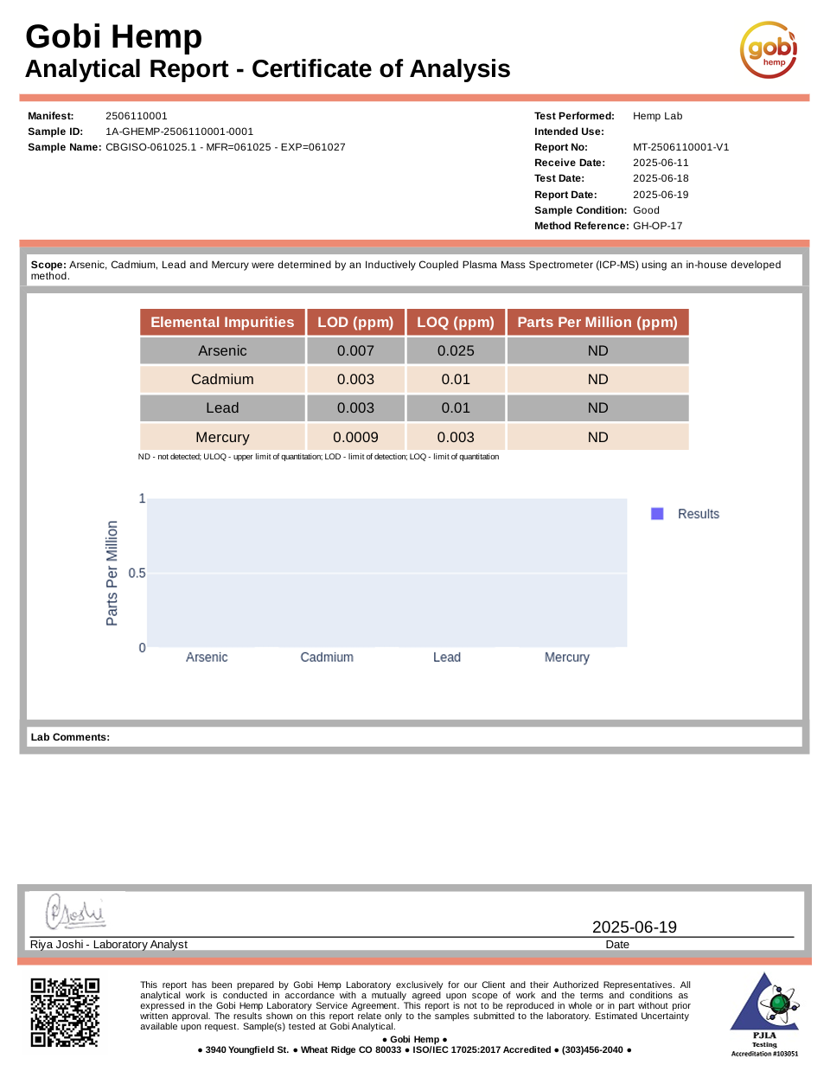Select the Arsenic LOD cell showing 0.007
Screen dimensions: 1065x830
click(x=355, y=350)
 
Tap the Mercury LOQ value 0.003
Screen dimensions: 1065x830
click(x=456, y=437)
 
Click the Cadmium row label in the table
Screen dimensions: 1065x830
click(x=222, y=379)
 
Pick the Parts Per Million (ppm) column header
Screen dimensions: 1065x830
click(x=597, y=322)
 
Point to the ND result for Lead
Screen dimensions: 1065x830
click(x=597, y=407)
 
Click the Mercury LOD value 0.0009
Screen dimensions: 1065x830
click(x=355, y=437)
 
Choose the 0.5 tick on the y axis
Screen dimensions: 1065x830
click(x=137, y=574)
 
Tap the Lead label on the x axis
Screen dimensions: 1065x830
click(x=446, y=658)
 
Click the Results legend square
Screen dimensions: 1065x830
click(x=657, y=514)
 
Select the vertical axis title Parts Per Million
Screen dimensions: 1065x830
click(x=112, y=573)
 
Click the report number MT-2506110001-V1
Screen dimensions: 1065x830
click(x=680, y=147)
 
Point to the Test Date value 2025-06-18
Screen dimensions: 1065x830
click(x=661, y=178)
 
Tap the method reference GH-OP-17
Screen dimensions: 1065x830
click(x=657, y=226)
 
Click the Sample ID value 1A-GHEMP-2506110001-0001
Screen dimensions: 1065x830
click(x=179, y=132)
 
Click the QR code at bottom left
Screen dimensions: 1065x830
click(x=66, y=1012)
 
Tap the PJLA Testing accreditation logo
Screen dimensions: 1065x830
click(x=763, y=1012)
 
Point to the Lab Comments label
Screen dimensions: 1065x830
click(x=70, y=737)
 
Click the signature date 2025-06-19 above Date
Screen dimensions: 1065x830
click(x=634, y=927)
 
